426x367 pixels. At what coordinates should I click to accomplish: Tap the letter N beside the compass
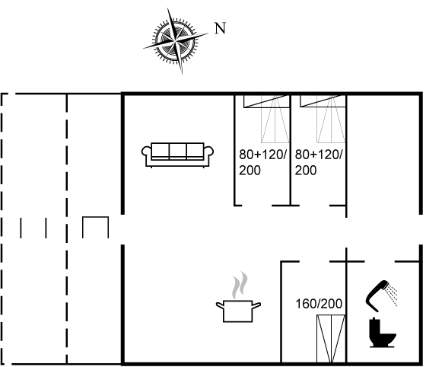coord(221,29)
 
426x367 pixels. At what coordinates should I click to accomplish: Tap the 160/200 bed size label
coord(319,304)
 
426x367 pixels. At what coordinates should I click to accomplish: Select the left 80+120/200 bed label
coord(262,162)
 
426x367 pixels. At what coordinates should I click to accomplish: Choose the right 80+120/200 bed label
coord(318,162)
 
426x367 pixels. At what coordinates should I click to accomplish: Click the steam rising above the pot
coord(240,284)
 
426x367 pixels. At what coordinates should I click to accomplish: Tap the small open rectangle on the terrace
coord(96,228)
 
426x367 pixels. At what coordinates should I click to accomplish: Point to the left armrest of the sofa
coord(147,155)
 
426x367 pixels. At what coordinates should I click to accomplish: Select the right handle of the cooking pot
coord(259,305)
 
